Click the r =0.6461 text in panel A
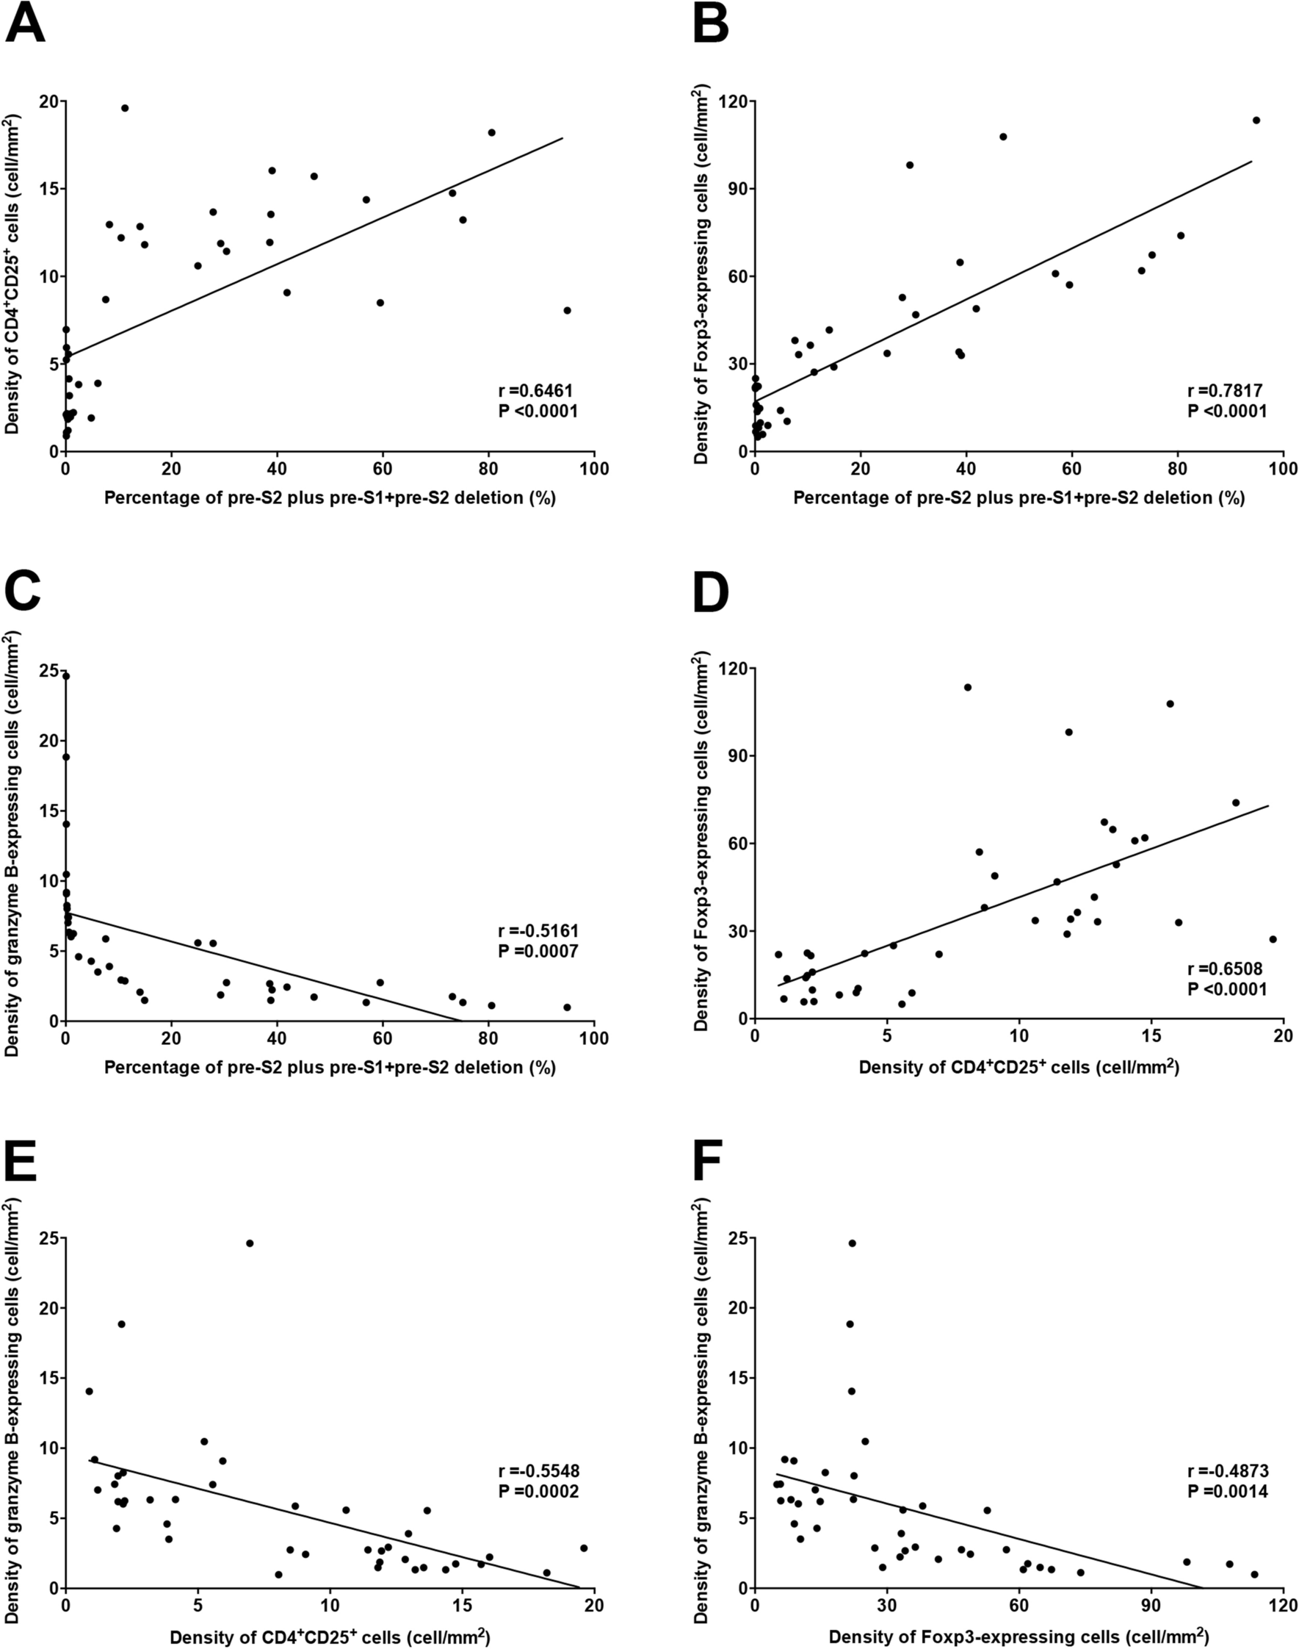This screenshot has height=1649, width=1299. tap(535, 391)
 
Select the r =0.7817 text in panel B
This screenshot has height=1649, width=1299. tap(1225, 391)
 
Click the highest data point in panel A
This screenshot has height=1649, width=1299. tap(125, 108)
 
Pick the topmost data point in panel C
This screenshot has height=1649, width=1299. tap(65, 676)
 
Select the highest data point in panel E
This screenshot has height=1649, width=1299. tap(250, 1243)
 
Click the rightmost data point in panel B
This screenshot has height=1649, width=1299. tap(1256, 121)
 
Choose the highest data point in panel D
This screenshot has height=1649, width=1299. tap(967, 687)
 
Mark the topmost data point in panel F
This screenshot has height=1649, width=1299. tap(852, 1243)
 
